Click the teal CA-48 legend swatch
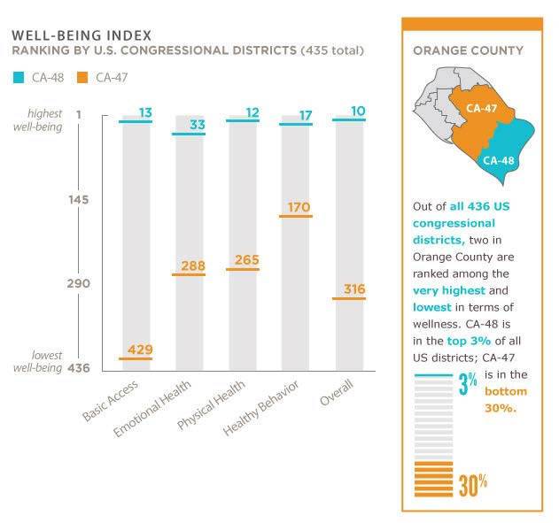(x=19, y=77)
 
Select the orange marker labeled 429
(x=135, y=358)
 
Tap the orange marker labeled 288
(x=189, y=274)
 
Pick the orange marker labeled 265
(x=243, y=269)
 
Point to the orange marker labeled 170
(x=297, y=217)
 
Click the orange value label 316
(x=353, y=289)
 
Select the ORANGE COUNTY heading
(x=468, y=50)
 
